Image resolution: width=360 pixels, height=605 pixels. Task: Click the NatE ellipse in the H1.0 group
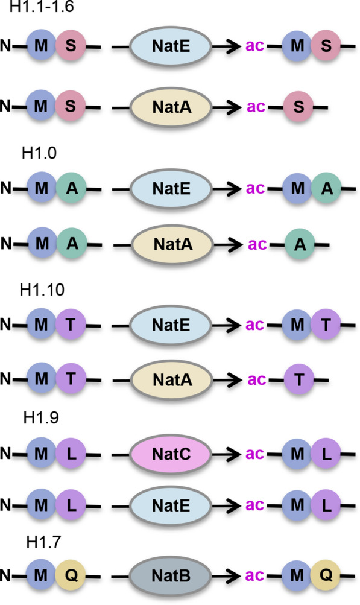click(170, 188)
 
